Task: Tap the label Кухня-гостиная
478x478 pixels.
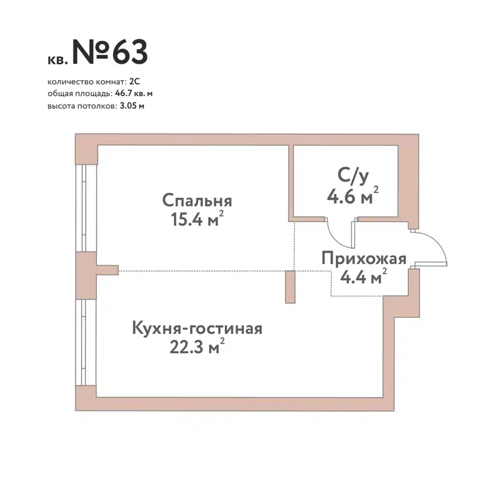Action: pyautogui.click(x=197, y=329)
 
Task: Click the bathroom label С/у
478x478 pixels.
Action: pyautogui.click(x=350, y=176)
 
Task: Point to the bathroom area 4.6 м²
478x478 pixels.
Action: pyautogui.click(x=353, y=197)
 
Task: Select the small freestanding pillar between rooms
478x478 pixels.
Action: pyautogui.click(x=290, y=287)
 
